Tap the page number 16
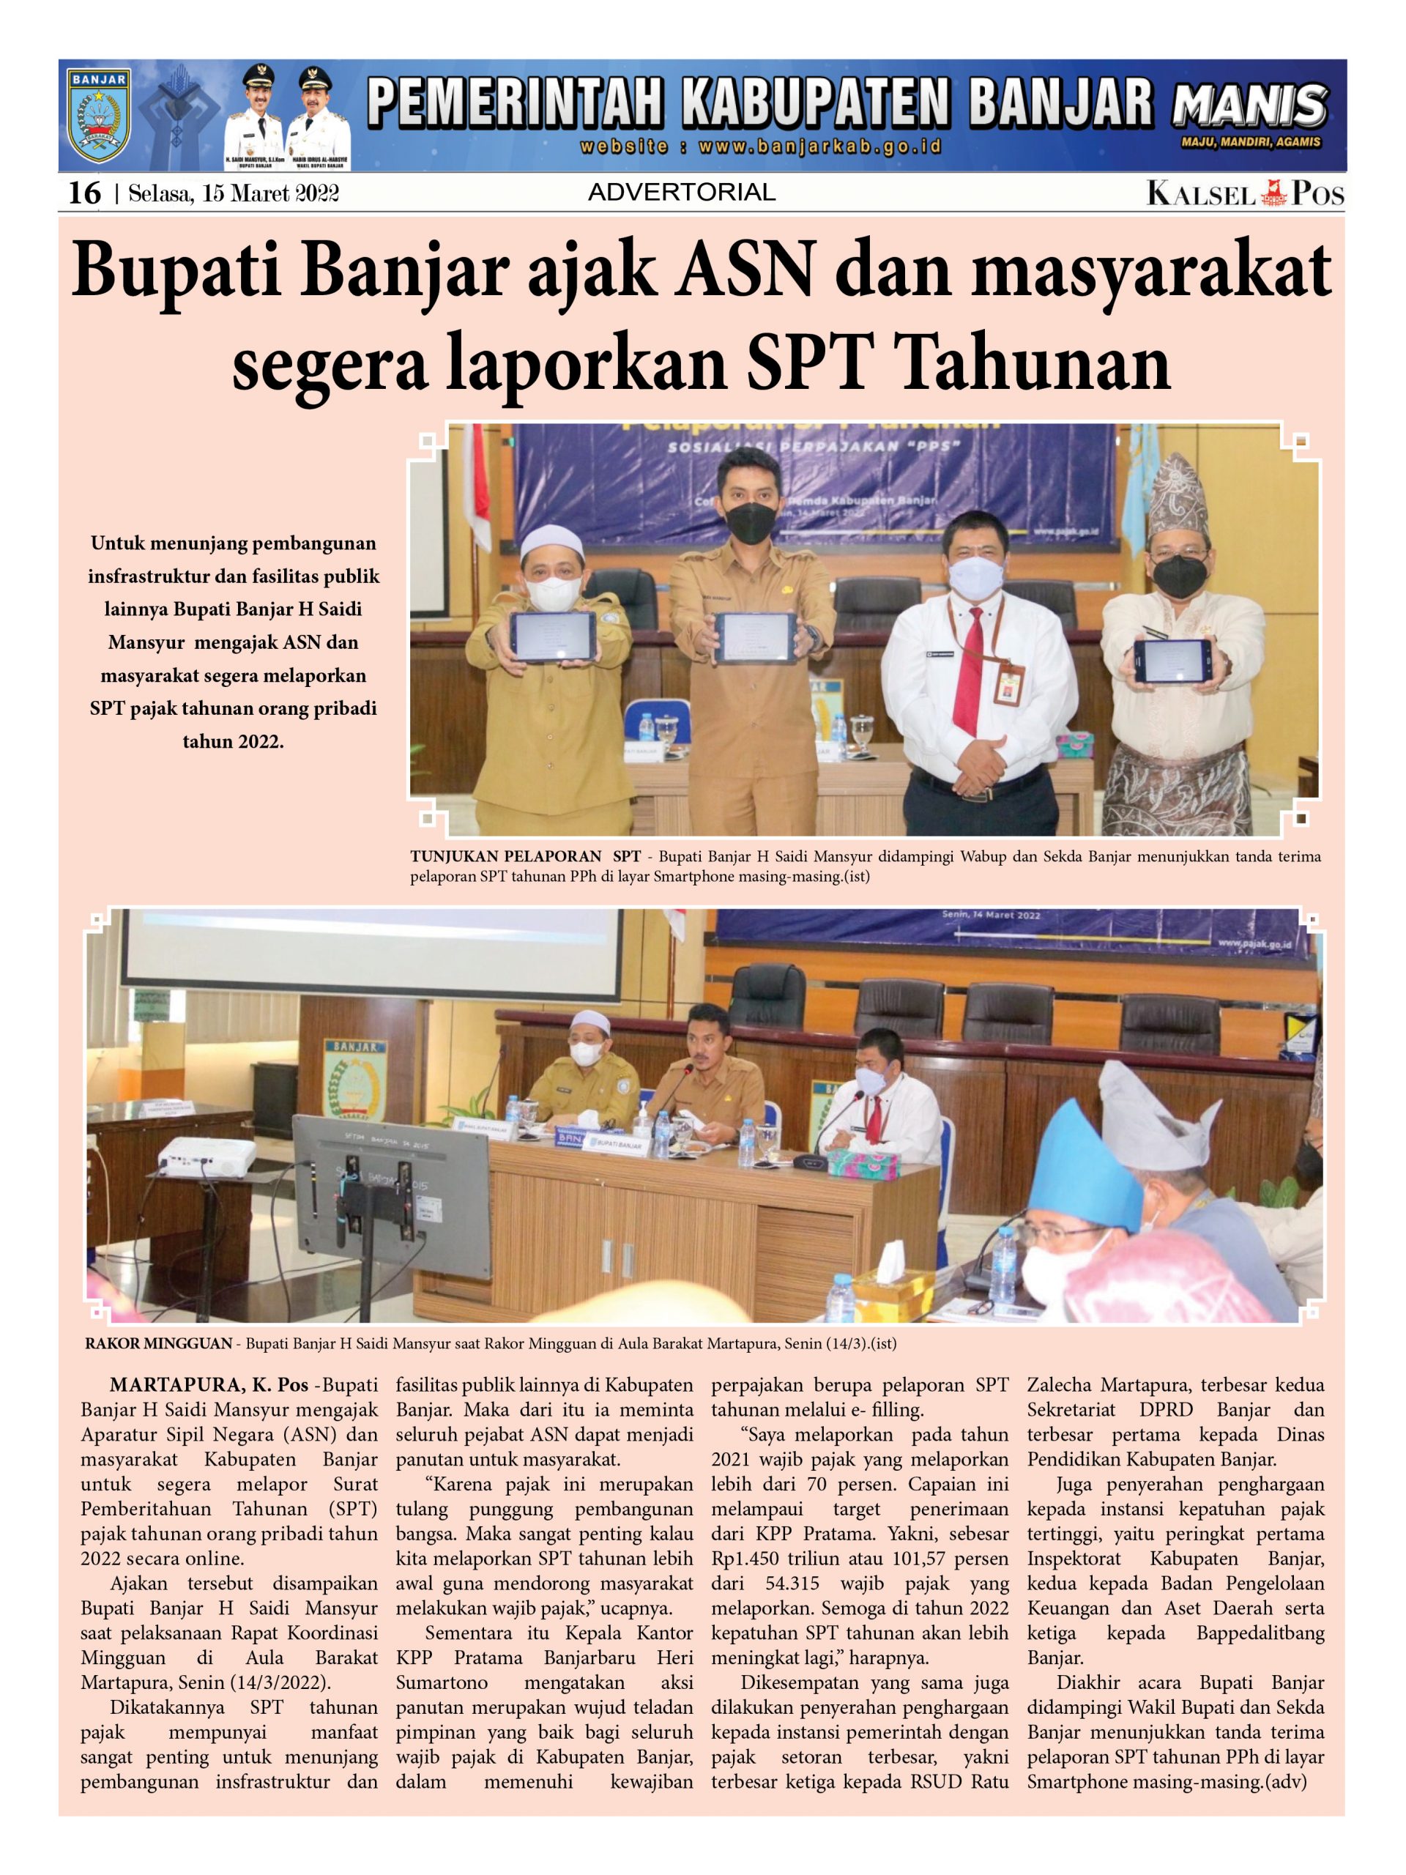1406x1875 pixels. point(84,193)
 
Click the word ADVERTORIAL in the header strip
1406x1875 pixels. point(681,193)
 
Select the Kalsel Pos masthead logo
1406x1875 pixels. point(1245,194)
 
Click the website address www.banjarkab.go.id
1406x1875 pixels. point(759,146)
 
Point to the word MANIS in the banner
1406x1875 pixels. point(1249,108)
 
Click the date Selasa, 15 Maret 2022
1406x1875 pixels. point(233,194)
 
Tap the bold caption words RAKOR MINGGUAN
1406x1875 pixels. point(158,1343)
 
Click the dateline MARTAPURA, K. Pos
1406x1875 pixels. point(209,1386)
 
